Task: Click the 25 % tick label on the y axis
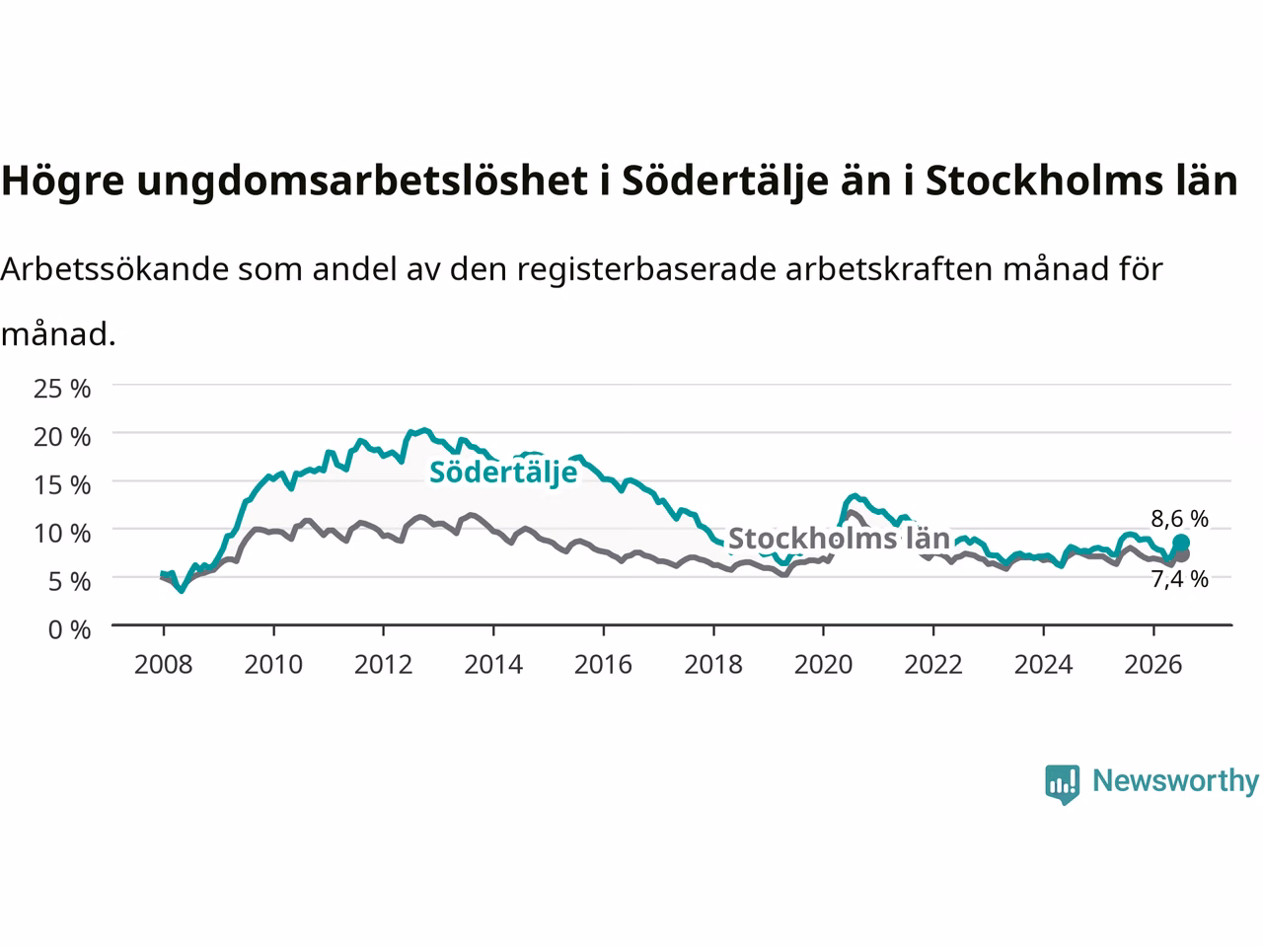[62, 389]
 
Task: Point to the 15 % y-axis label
[62, 485]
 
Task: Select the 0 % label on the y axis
[70, 630]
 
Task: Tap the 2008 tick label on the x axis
[164, 665]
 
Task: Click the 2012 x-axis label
[383, 665]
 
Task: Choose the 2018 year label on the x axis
[713, 665]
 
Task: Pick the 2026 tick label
[1153, 665]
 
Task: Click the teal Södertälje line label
[503, 473]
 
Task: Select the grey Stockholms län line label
[839, 539]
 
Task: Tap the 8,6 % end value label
[1179, 519]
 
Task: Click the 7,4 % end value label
[1179, 579]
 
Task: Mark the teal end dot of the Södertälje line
[1181, 543]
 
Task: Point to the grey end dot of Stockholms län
[1182, 555]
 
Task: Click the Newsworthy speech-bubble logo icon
[1062, 784]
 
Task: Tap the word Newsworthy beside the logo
[1175, 781]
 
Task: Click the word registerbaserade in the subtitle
[646, 269]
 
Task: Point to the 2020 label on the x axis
[823, 665]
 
